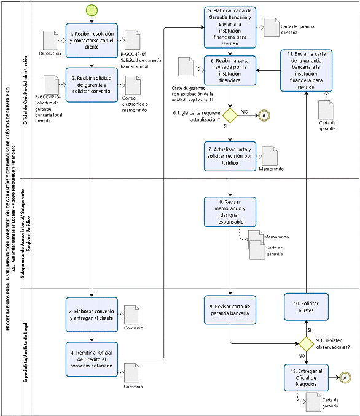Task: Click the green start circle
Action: (x=92, y=10)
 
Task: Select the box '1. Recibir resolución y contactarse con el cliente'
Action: (x=92, y=41)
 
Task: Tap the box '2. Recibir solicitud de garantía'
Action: (x=92, y=85)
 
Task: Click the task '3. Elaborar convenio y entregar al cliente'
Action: (x=92, y=315)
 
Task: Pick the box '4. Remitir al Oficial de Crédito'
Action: (x=92, y=359)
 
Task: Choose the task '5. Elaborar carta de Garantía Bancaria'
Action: (x=230, y=27)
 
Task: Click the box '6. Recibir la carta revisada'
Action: (x=230, y=70)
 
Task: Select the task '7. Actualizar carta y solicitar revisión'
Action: (x=230, y=156)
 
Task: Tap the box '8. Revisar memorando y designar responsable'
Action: (x=230, y=212)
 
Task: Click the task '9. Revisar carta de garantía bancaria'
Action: (x=230, y=310)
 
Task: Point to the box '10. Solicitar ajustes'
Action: (x=306, y=307)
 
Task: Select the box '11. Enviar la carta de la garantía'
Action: (x=306, y=71)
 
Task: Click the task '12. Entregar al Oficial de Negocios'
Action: (x=306, y=377)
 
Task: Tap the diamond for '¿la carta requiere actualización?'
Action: (x=230, y=116)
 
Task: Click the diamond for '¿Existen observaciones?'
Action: (x=307, y=344)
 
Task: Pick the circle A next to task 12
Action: (x=345, y=377)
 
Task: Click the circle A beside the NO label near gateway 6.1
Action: (x=264, y=116)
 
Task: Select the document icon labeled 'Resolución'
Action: (x=50, y=41)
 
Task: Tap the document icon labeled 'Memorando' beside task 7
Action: (x=270, y=156)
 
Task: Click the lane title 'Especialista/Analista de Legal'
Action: (x=25, y=352)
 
